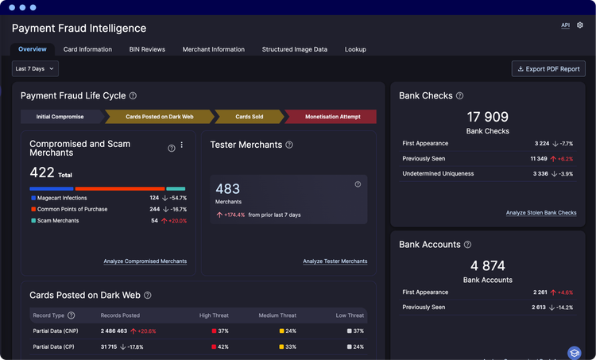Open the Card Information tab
point(87,49)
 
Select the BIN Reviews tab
point(147,49)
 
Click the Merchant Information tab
point(214,49)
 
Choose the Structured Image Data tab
point(295,49)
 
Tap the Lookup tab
point(355,49)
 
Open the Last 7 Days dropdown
point(35,69)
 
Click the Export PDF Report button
point(548,69)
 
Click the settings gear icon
point(579,25)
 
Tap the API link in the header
point(566,25)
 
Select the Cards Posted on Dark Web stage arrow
point(160,117)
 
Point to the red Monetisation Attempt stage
point(331,117)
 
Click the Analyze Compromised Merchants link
point(145,261)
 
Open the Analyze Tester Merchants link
point(335,261)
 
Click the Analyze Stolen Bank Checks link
point(541,213)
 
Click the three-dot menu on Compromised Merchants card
point(182,145)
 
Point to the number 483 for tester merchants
point(228,189)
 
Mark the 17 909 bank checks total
point(488,117)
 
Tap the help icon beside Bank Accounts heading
point(468,245)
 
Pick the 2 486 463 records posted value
point(114,331)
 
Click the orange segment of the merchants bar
point(120,188)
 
